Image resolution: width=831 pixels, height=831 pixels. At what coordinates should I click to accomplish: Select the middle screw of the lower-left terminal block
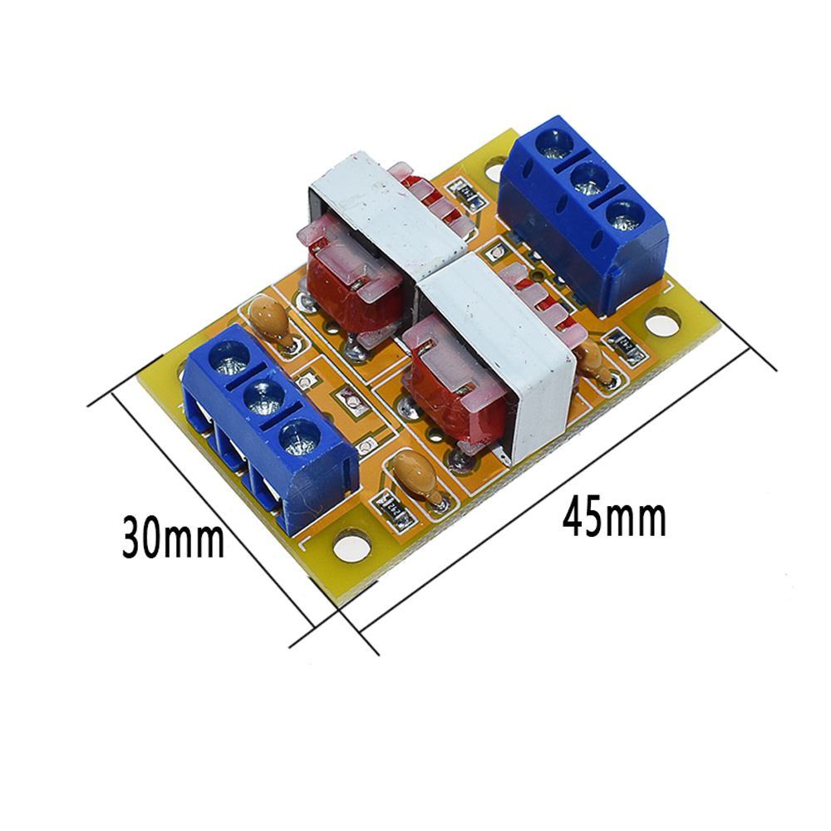pyautogui.click(x=263, y=396)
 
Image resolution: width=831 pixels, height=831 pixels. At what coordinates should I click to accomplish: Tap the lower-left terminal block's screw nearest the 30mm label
pyautogui.click(x=300, y=437)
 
